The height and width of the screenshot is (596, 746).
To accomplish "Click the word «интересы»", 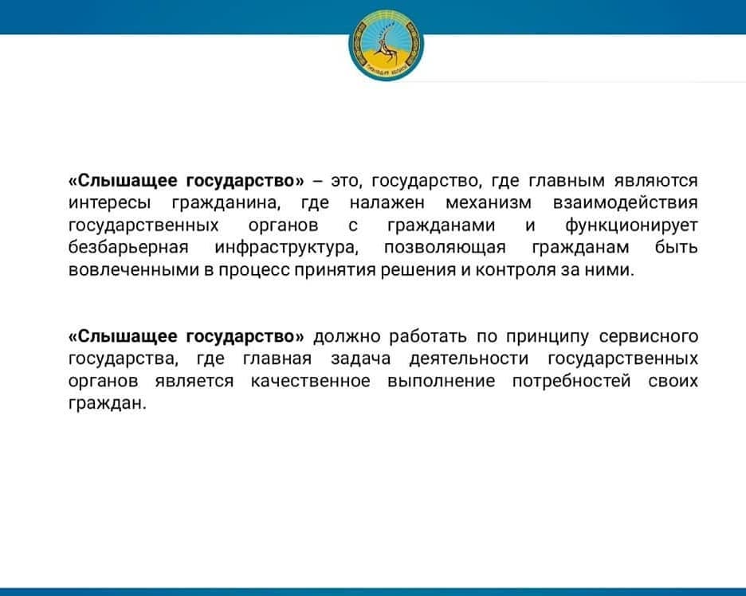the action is point(110,203).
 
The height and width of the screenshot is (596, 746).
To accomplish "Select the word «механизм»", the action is point(489,202).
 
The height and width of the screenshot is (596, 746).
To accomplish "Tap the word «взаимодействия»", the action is point(626,202).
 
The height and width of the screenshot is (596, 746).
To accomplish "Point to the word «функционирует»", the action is point(631,225).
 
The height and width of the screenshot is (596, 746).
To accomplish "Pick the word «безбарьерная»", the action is point(128,248).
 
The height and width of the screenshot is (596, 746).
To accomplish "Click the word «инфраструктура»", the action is point(285,248).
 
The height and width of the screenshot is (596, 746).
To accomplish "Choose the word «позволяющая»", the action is point(445,248).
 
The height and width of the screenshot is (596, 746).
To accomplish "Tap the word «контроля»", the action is point(515,270).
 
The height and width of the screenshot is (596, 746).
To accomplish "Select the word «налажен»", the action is point(387,203).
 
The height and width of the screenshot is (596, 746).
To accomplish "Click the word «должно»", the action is point(347,337).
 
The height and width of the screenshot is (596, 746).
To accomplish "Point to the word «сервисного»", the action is point(649,337).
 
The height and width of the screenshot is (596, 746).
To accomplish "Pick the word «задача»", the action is point(360,359).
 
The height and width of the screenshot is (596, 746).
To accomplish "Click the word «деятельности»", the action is point(469,359).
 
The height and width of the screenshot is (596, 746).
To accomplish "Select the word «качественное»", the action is point(311,382).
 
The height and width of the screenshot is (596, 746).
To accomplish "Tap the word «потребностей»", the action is point(571,382).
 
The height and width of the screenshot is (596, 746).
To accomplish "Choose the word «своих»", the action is point(673,382).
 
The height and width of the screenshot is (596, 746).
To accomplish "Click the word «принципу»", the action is point(547,337).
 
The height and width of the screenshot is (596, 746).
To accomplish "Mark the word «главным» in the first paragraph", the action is point(567,181).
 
